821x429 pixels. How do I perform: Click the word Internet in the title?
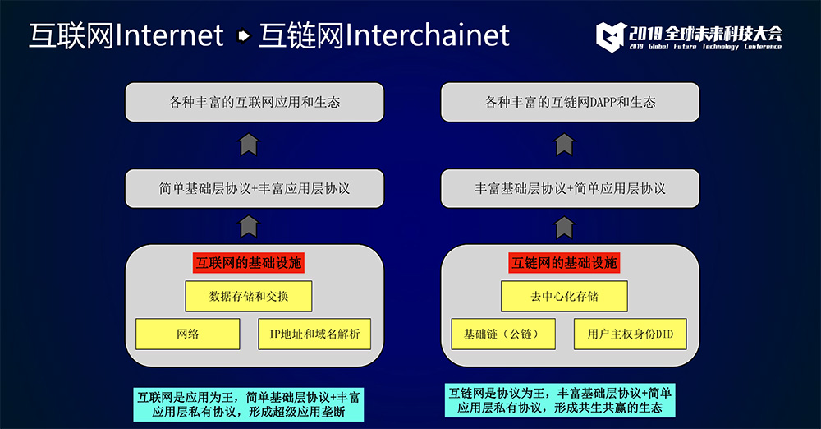click(x=168, y=35)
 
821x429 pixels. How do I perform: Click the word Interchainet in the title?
click(x=427, y=35)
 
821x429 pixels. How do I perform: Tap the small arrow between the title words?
click(x=243, y=35)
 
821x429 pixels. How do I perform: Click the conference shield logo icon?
click(x=611, y=37)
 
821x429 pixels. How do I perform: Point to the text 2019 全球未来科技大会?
click(x=706, y=34)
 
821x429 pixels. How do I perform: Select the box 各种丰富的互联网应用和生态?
click(x=255, y=102)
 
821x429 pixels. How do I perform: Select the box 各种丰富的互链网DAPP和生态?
click(x=571, y=102)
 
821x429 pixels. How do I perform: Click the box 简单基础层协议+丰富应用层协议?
click(x=255, y=188)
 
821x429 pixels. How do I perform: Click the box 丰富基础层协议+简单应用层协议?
click(x=571, y=188)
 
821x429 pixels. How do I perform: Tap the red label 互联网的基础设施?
click(x=249, y=263)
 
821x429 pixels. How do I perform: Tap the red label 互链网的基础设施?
click(x=565, y=263)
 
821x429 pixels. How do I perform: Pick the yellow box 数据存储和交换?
click(x=249, y=297)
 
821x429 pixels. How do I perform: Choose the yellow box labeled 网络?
click(x=188, y=334)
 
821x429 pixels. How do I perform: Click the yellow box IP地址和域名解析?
click(x=314, y=334)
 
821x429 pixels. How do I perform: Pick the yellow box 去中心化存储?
click(x=565, y=297)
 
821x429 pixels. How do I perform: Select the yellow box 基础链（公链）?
click(x=503, y=334)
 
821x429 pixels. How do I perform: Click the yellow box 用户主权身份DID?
click(x=631, y=334)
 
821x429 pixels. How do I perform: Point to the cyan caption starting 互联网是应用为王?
click(x=249, y=404)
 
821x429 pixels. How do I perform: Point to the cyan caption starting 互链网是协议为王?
click(x=560, y=401)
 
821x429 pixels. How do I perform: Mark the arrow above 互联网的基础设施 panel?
click(x=250, y=227)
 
